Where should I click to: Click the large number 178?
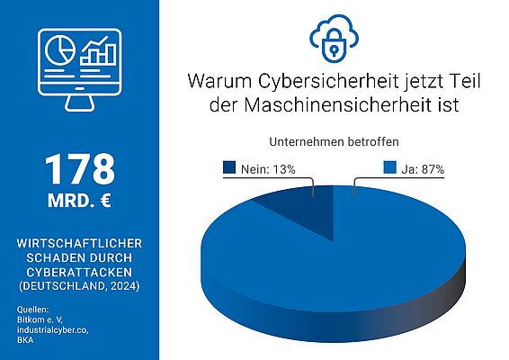tap(79, 168)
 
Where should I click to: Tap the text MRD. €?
tap(79, 201)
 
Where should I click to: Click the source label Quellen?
tap(33, 310)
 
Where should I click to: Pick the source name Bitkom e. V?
tap(43, 321)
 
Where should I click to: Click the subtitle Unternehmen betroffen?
tap(333, 142)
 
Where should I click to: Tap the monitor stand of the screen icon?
tap(79, 103)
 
